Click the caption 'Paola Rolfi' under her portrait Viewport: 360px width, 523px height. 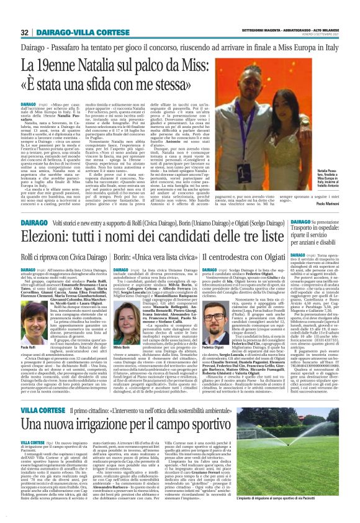19,347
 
